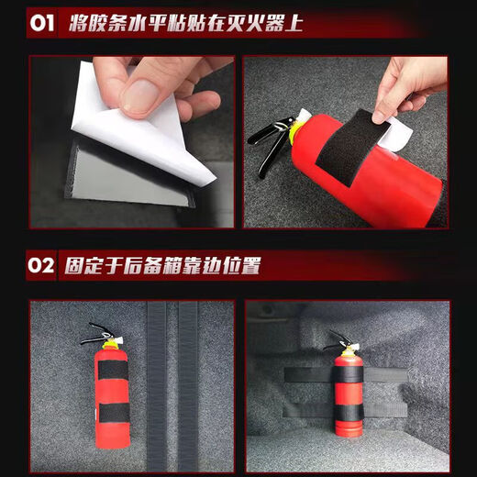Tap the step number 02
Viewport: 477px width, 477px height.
(42, 266)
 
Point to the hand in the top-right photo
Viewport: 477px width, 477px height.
(408, 83)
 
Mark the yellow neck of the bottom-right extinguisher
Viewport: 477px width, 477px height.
(349, 350)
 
